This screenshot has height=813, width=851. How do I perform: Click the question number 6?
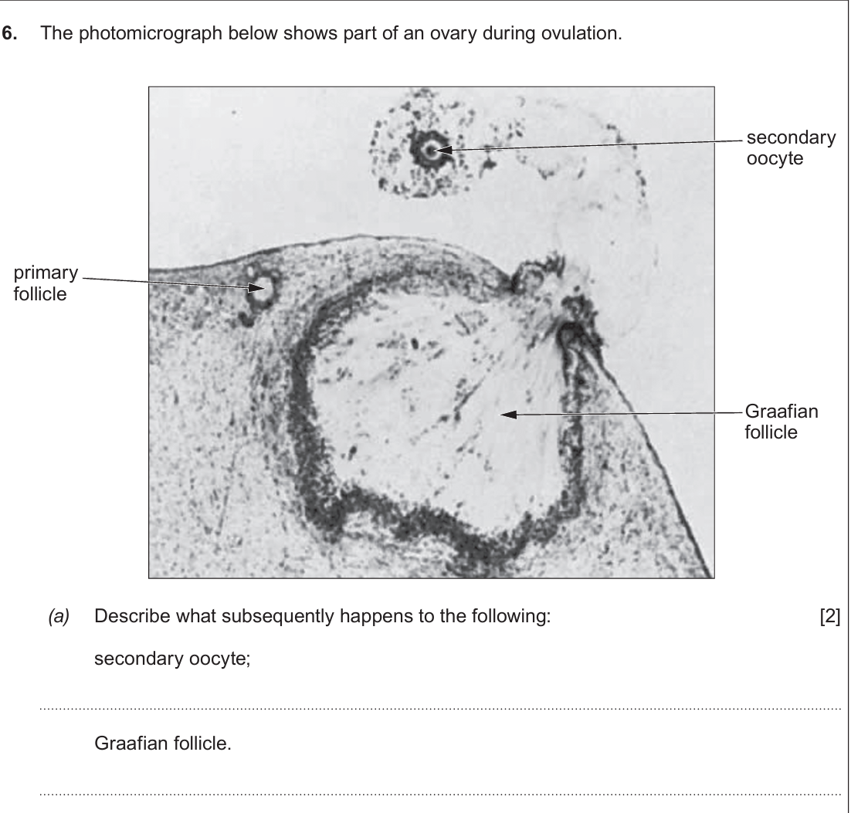10,33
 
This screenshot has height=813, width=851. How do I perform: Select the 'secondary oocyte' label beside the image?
791,147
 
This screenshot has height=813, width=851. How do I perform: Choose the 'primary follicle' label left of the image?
46,283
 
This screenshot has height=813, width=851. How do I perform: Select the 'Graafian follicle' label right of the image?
781,422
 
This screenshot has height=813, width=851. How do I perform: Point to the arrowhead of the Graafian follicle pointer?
508,415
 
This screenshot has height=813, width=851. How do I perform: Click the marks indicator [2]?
830,617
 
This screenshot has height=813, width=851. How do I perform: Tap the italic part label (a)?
59,617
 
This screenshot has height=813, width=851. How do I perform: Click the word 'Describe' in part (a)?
132,616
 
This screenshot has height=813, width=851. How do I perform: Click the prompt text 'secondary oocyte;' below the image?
172,659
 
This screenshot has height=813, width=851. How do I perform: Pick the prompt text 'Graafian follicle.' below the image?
163,743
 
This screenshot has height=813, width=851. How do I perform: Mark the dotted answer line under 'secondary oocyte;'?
440,709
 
